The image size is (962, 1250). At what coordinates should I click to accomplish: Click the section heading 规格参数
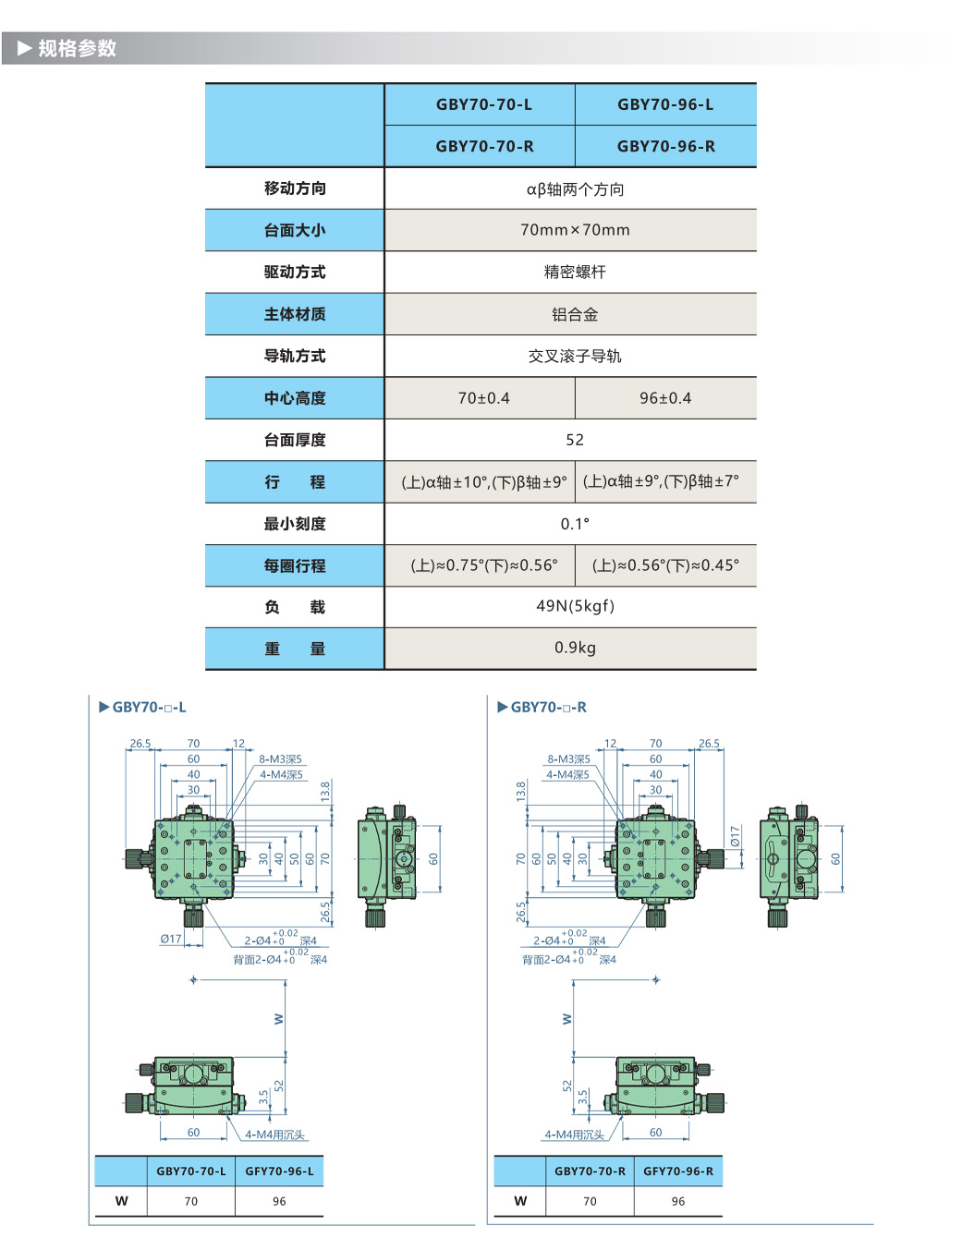77,48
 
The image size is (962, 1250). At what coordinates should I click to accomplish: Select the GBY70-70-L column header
483,104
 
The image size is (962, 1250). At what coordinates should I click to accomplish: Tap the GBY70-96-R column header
665,146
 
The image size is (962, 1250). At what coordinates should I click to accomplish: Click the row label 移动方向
295,188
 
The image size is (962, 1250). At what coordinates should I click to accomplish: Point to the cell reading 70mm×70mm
575,230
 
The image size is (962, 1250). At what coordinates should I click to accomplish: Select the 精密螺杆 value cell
575,272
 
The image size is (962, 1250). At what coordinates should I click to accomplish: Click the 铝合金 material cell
575,314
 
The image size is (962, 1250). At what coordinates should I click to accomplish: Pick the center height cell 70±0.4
483,398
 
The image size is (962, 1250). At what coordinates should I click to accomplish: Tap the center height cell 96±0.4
665,398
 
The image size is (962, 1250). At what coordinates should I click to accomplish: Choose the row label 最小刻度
295,524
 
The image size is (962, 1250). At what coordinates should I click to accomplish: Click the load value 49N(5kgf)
575,606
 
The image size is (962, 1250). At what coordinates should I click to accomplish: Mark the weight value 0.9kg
575,648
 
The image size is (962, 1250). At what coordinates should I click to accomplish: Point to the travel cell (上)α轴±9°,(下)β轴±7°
661,481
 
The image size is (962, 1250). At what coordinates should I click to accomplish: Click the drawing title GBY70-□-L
149,708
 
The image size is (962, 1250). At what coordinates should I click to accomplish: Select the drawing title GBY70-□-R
548,708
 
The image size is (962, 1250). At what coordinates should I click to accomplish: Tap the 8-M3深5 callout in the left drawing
280,759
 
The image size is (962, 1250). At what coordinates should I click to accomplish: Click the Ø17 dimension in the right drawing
735,836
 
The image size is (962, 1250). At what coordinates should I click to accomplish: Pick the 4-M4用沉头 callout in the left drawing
274,1135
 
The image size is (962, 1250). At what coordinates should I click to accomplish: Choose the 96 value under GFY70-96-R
678,1201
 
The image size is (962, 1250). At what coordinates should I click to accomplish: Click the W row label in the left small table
121,1201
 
